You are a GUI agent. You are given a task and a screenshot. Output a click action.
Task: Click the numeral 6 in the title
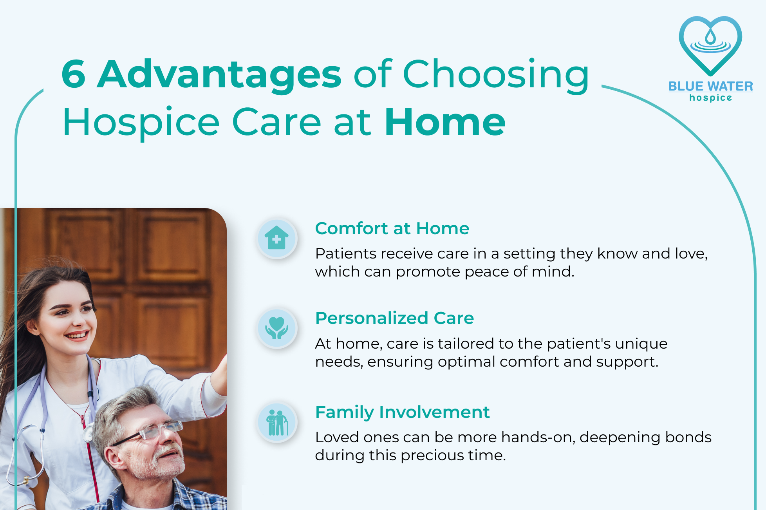pyautogui.click(x=73, y=74)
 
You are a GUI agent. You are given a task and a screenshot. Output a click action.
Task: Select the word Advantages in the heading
pyautogui.click(x=219, y=76)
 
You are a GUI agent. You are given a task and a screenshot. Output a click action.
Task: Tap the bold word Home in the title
pyautogui.click(x=445, y=122)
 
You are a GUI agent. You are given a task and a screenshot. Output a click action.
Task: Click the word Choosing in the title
pyautogui.click(x=496, y=76)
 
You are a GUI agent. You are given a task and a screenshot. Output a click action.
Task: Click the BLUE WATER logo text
pyautogui.click(x=710, y=86)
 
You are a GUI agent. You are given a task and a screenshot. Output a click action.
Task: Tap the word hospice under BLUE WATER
pyautogui.click(x=710, y=98)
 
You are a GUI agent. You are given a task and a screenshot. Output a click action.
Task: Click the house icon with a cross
pyautogui.click(x=277, y=238)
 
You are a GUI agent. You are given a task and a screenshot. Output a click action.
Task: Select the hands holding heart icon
pyautogui.click(x=277, y=328)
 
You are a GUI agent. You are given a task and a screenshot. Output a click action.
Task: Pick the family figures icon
pyautogui.click(x=277, y=423)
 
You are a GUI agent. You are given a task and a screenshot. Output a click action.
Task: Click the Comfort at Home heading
pyautogui.click(x=392, y=228)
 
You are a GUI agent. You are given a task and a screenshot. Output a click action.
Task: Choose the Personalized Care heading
pyautogui.click(x=394, y=318)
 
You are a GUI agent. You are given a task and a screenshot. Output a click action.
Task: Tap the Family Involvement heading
pyautogui.click(x=402, y=412)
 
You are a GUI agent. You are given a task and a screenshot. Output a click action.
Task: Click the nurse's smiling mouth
pyautogui.click(x=77, y=335)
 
